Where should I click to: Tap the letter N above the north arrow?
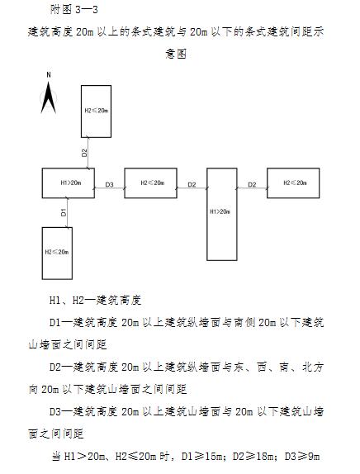(x=49, y=75)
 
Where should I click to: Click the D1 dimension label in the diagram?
(x=64, y=212)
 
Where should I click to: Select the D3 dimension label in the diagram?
(x=109, y=184)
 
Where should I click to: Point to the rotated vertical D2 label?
(x=84, y=153)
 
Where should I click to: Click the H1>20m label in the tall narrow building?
(x=220, y=211)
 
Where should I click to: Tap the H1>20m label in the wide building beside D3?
(x=71, y=182)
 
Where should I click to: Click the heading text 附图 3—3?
(x=74, y=10)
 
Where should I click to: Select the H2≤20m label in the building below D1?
(x=57, y=252)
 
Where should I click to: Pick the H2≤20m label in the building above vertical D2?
(x=96, y=111)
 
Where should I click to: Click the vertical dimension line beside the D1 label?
(x=67, y=212)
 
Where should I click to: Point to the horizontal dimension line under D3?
(x=110, y=188)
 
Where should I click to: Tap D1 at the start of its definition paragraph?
(x=55, y=323)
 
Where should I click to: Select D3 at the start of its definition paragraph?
(x=55, y=411)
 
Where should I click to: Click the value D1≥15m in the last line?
(x=204, y=456)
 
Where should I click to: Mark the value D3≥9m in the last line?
(x=302, y=456)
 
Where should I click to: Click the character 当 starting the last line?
(x=56, y=456)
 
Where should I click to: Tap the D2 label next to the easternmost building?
(x=252, y=184)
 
